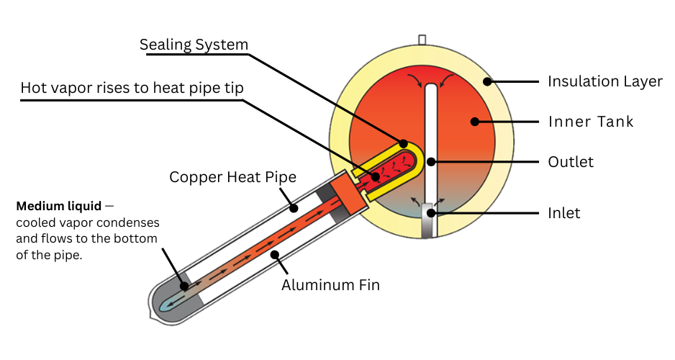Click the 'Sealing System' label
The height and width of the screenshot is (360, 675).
(x=194, y=45)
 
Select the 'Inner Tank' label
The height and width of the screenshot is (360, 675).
(x=591, y=121)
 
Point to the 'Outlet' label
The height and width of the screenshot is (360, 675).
(x=571, y=161)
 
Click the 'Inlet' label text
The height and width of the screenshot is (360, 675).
(x=563, y=213)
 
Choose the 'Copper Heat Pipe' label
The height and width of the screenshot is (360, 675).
(x=222, y=176)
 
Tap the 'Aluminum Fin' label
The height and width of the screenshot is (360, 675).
(x=330, y=284)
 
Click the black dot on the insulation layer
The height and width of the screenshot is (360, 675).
(x=486, y=81)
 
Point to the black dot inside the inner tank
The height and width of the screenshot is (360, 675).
(x=474, y=121)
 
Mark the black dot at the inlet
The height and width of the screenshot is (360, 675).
(x=431, y=213)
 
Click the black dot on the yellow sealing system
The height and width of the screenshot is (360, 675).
(x=403, y=143)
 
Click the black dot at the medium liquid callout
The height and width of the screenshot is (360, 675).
(x=184, y=286)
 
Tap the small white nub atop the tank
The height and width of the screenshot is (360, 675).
(x=422, y=40)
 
